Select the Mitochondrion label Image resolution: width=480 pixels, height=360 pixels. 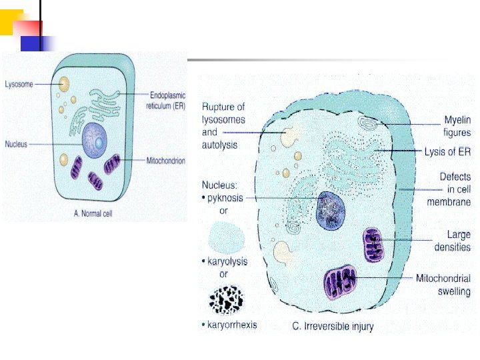165,161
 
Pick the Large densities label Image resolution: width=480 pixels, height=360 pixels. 453,241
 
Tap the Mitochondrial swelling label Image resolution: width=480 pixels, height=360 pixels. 443,285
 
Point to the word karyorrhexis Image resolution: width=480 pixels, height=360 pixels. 231,325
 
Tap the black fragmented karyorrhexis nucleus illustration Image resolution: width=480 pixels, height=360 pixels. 226,301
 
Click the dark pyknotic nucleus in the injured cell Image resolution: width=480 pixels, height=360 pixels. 330,211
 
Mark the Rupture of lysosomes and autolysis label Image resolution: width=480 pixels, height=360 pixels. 223,119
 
